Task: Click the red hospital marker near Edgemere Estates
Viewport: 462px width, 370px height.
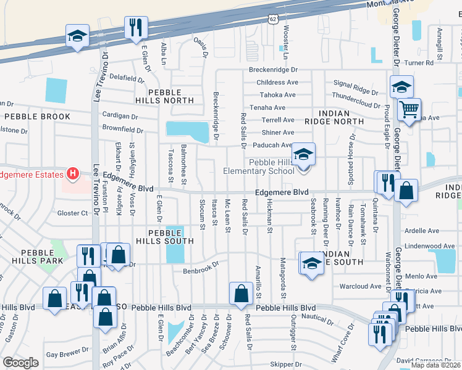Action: point(72,175)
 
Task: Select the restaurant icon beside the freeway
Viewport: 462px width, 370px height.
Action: point(135,28)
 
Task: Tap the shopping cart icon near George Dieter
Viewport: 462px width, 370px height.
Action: point(409,110)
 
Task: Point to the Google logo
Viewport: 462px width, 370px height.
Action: point(20,363)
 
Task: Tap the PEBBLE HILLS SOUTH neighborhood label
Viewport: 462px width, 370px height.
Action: point(159,236)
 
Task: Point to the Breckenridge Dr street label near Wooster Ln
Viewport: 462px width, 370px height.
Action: point(273,70)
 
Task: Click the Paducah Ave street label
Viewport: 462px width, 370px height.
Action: point(272,146)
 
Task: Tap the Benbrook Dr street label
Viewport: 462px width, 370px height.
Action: point(201,269)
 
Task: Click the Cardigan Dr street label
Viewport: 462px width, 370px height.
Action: point(120,116)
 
